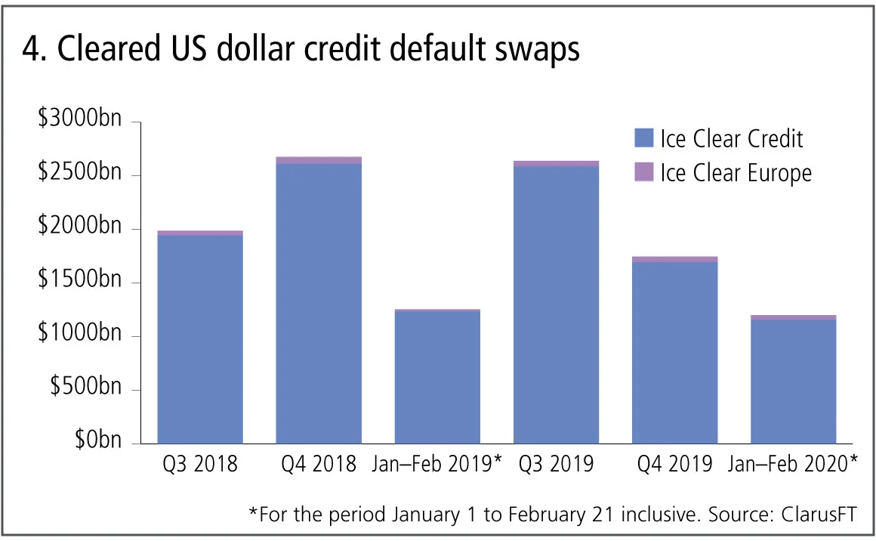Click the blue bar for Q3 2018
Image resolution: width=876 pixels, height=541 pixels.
(x=200, y=339)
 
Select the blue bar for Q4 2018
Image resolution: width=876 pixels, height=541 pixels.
(x=319, y=303)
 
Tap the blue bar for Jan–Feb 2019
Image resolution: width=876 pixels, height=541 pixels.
(x=437, y=377)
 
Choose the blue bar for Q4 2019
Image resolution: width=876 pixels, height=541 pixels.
(x=674, y=352)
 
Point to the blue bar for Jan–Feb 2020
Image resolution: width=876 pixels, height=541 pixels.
(x=793, y=382)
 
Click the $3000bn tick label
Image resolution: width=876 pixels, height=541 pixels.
(x=79, y=120)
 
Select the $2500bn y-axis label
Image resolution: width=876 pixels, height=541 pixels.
(x=79, y=175)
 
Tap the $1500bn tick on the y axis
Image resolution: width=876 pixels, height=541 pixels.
(x=79, y=282)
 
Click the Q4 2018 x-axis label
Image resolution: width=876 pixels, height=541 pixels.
(x=319, y=464)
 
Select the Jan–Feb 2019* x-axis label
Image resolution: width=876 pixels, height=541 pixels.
(x=437, y=464)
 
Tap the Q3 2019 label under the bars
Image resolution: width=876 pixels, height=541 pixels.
(x=556, y=464)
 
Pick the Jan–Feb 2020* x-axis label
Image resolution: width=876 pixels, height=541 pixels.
(x=793, y=464)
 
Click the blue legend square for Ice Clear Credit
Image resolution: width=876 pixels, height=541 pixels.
(x=643, y=138)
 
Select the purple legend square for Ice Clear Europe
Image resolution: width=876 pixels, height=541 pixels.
(x=643, y=172)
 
